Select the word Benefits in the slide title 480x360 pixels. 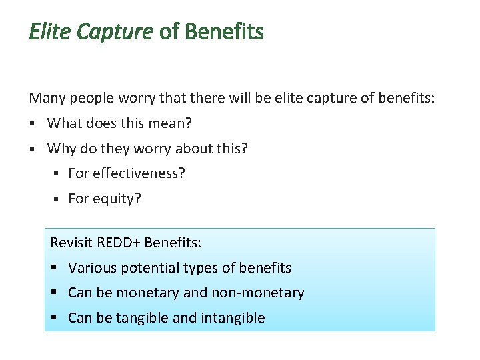pyautogui.click(x=224, y=31)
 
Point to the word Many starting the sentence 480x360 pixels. pyautogui.click(x=46, y=99)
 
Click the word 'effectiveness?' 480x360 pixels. pyautogui.click(x=139, y=174)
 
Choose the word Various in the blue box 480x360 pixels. pyautogui.click(x=91, y=268)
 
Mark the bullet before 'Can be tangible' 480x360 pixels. pyautogui.click(x=56, y=318)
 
